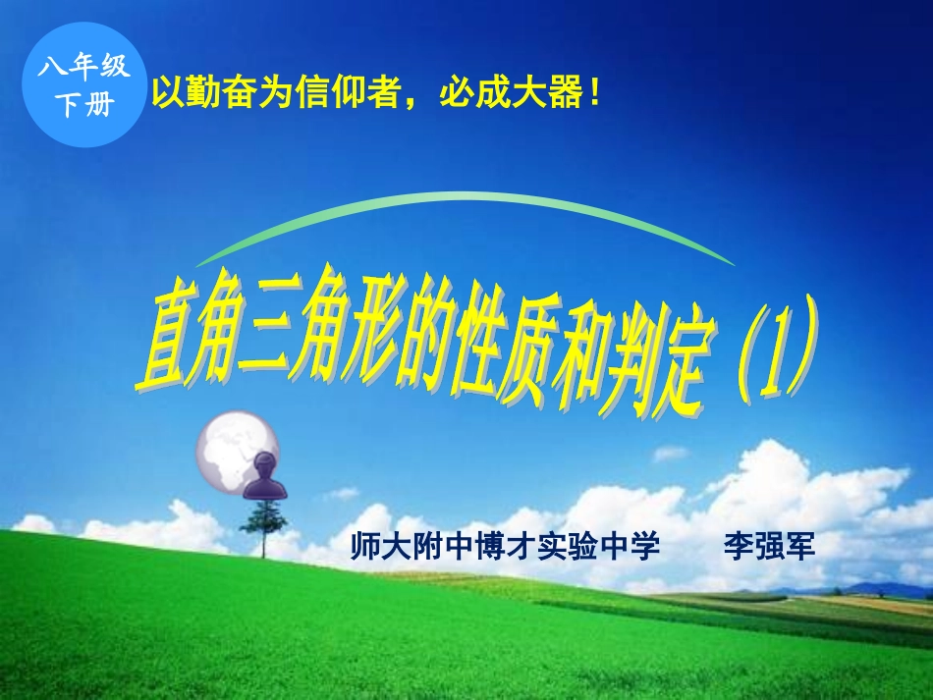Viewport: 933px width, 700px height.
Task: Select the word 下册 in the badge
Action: (x=83, y=105)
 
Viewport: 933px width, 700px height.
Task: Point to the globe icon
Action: (x=231, y=447)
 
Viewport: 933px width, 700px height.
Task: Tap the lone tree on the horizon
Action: (x=263, y=525)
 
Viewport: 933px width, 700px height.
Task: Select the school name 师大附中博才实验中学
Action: (x=505, y=547)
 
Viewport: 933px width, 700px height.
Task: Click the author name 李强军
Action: (x=769, y=547)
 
